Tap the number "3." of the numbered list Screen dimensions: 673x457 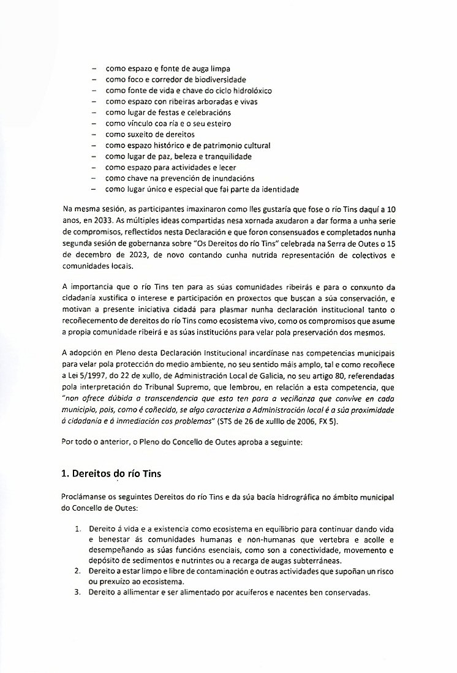point(77,592)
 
